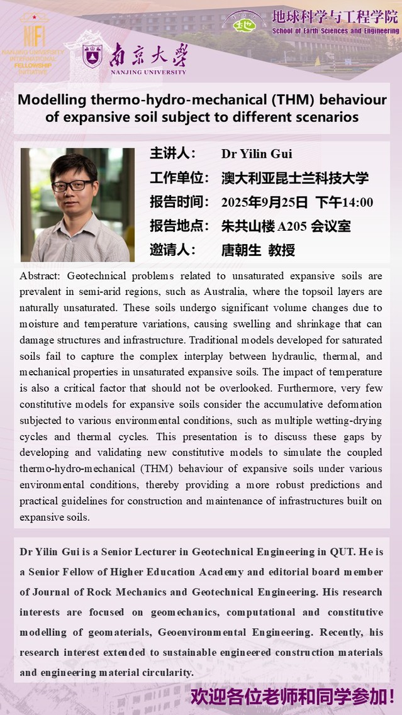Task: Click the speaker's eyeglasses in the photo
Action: click(73, 186)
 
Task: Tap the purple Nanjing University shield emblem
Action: click(92, 56)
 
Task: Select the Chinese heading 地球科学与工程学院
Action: click(335, 17)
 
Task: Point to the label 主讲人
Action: click(172, 154)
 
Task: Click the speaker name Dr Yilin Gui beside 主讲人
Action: click(257, 154)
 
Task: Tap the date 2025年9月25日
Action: click(264, 202)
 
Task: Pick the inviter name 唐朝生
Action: click(240, 250)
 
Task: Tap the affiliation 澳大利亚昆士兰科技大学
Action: click(295, 178)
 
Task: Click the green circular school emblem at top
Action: click(242, 23)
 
